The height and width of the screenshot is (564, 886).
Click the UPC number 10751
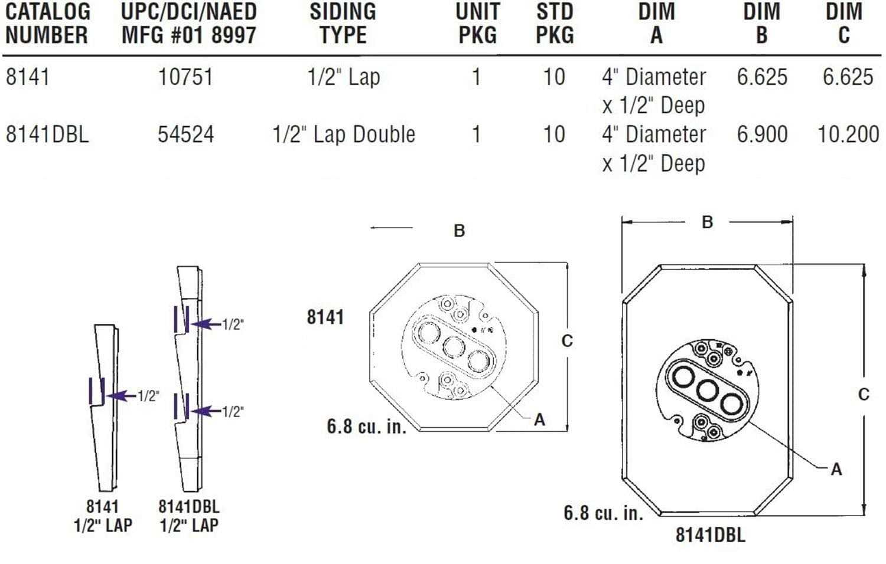click(185, 77)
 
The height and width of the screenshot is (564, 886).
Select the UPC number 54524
click(185, 135)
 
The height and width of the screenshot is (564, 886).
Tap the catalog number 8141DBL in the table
click(47, 135)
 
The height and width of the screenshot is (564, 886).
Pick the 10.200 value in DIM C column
click(848, 135)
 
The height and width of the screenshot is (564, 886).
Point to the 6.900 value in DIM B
click(762, 135)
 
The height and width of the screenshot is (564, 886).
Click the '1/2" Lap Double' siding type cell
click(344, 135)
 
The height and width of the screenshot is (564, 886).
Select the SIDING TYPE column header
click(343, 23)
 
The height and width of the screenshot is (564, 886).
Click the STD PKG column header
click(555, 23)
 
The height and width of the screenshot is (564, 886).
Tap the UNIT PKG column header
click(477, 23)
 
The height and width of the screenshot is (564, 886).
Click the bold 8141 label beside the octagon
click(325, 317)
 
